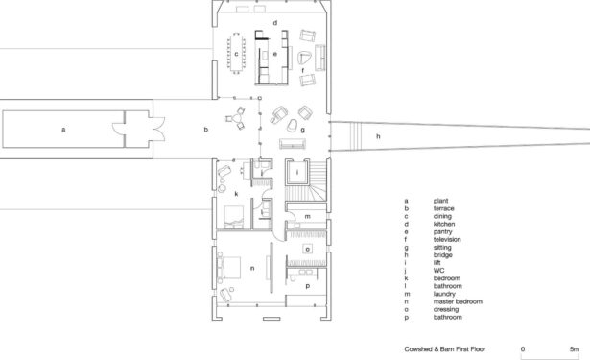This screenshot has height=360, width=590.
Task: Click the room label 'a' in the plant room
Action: (x=63, y=130)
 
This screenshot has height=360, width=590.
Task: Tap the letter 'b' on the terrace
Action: (x=206, y=130)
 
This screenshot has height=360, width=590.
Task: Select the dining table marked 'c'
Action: (x=236, y=54)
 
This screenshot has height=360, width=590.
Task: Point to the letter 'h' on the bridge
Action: (x=378, y=136)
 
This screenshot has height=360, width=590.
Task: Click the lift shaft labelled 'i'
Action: (x=297, y=173)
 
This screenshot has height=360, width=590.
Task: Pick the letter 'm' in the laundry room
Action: (x=307, y=217)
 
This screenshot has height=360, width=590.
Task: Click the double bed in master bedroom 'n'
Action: (x=228, y=268)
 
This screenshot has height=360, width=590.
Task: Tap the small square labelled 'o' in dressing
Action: (x=308, y=249)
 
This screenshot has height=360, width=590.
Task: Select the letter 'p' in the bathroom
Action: (x=307, y=287)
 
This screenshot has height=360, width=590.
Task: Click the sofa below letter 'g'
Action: (x=293, y=144)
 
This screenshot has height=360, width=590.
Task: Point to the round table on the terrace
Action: (x=236, y=118)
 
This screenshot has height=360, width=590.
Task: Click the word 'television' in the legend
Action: (x=447, y=239)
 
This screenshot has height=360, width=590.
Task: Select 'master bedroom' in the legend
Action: (x=458, y=301)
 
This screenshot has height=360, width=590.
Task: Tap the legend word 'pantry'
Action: (x=443, y=232)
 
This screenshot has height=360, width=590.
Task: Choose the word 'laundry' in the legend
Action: (x=444, y=294)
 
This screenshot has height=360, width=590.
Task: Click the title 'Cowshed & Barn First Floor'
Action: (x=445, y=349)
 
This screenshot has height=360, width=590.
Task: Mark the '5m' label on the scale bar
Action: (x=575, y=349)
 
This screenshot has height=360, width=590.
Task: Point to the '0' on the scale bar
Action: (x=523, y=349)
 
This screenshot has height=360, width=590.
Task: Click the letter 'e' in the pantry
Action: (x=275, y=54)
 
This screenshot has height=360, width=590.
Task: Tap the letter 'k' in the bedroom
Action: (x=236, y=194)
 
